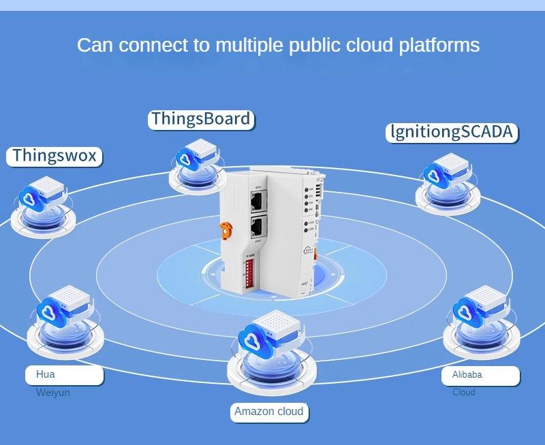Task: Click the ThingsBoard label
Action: [x=200, y=119]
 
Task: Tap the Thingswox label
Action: [x=54, y=156]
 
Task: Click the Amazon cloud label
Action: [x=268, y=412]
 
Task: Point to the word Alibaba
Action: [x=467, y=375]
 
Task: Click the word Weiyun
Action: [x=53, y=393]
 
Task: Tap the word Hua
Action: [x=46, y=374]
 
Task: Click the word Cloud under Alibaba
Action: [x=464, y=392]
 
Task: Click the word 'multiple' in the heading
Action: [x=249, y=46]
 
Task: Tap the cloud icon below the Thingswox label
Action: [x=30, y=198]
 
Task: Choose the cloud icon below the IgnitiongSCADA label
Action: [x=434, y=176]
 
